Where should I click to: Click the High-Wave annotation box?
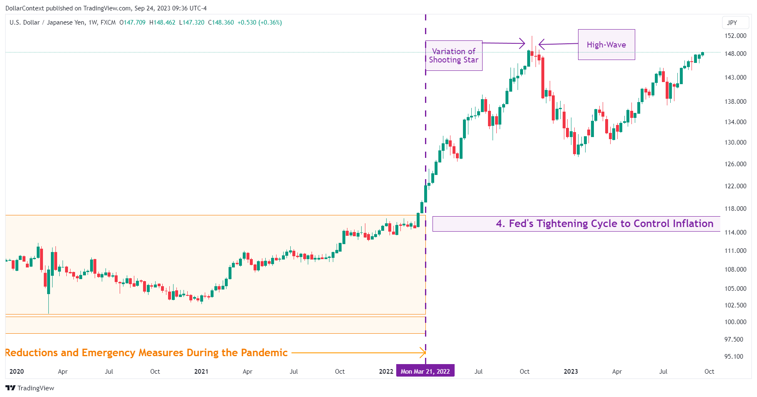606,45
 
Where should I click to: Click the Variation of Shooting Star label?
454,55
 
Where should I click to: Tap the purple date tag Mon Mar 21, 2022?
425,371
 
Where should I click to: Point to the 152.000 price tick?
735,36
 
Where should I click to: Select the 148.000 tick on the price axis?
735,54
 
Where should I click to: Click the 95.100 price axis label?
734,357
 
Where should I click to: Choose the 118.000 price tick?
735,209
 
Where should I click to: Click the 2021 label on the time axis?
201,372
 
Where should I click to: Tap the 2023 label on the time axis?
571,372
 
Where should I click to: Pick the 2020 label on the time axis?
17,372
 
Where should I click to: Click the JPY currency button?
732,23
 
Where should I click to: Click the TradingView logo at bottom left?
30,388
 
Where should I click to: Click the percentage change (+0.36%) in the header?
270,22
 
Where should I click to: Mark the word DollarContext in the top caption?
25,8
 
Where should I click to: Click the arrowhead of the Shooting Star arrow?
523,43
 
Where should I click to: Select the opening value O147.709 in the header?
132,22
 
